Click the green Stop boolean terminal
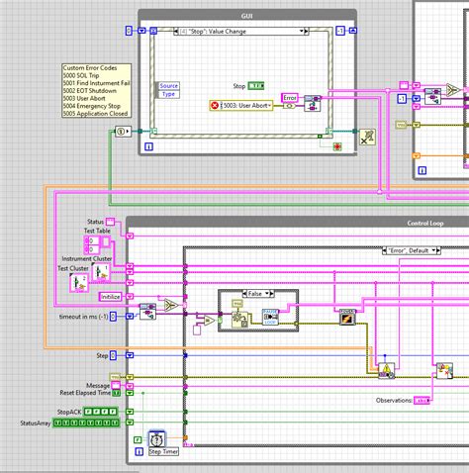pyautogui.click(x=255, y=86)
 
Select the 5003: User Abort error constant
pyautogui.click(x=243, y=105)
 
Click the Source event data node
pyautogui.click(x=168, y=86)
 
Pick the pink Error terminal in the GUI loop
pyautogui.click(x=289, y=98)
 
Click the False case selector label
pyautogui.click(x=256, y=294)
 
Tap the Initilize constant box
pyautogui.click(x=111, y=295)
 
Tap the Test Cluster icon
pyautogui.click(x=80, y=282)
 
